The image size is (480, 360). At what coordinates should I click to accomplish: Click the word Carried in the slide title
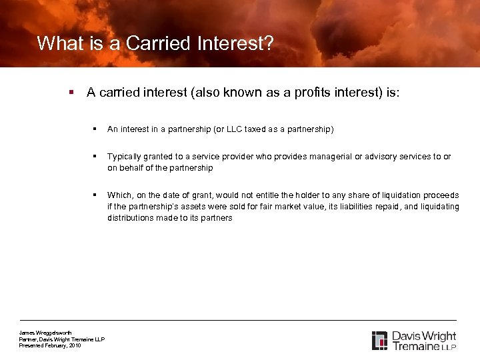click(x=157, y=44)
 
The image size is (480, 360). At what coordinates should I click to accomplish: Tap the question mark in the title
click(x=269, y=44)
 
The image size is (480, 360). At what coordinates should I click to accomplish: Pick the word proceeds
click(x=441, y=195)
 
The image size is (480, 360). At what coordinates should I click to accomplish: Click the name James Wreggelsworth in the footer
click(x=45, y=333)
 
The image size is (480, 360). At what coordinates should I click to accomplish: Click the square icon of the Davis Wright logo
click(x=379, y=340)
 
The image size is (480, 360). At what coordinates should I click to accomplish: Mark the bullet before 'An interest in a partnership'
click(x=97, y=129)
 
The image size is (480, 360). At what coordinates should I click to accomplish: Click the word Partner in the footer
click(x=29, y=339)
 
